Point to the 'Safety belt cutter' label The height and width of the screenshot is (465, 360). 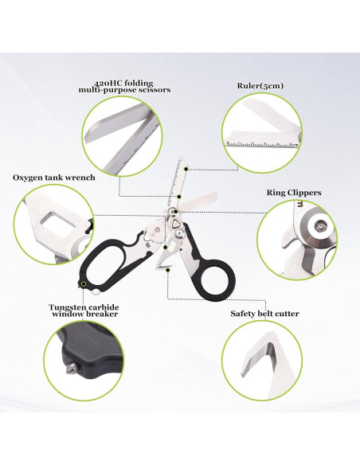pos(265,314)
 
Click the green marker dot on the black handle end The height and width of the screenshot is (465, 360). pos(82,282)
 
